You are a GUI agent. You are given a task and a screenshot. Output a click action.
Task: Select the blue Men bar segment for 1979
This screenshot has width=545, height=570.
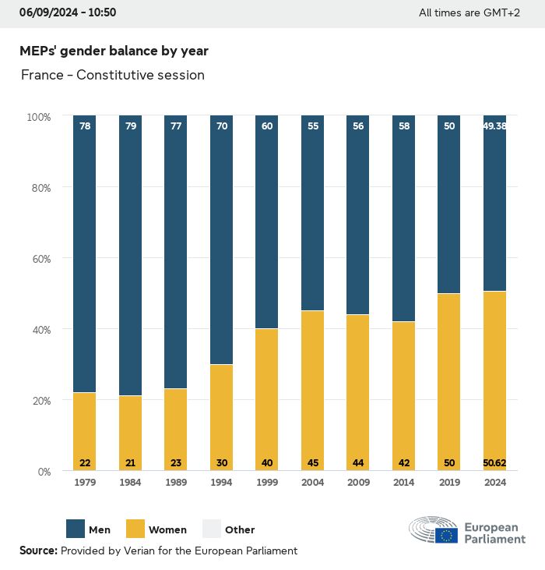point(85,253)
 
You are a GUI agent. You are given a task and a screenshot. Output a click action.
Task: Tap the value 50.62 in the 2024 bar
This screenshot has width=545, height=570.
point(494,463)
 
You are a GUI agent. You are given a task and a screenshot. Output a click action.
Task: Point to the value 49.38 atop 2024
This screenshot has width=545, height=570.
point(494,126)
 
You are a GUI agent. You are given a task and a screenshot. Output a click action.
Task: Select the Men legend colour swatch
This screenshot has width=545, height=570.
point(76,529)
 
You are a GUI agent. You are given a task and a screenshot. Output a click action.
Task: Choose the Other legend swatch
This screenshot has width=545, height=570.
point(211,529)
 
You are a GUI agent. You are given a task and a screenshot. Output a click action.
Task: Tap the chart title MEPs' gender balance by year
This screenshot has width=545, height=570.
point(114,51)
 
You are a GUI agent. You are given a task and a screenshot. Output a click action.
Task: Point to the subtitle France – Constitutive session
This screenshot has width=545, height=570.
point(113,76)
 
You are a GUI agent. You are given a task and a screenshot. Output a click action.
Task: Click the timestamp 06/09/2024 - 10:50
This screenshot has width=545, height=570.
point(68,12)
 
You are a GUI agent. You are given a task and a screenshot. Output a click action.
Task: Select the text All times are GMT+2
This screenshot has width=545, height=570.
point(469,13)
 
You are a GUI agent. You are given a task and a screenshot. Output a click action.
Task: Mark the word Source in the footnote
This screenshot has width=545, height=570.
point(37,551)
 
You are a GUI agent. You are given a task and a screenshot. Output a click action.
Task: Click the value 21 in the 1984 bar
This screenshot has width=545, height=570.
point(131,463)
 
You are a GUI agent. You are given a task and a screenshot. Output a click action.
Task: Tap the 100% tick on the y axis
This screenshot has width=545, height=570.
point(38,117)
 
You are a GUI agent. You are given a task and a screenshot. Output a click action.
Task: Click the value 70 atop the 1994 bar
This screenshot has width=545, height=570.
point(222,126)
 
